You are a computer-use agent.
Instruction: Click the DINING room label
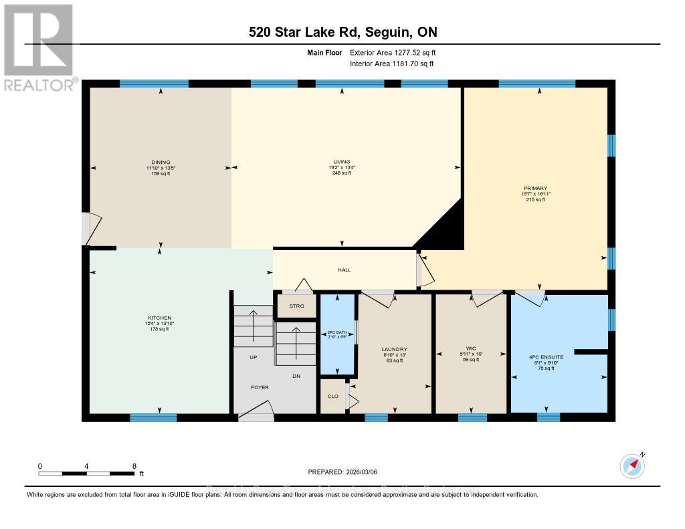(160, 162)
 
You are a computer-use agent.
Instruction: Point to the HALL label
(344, 270)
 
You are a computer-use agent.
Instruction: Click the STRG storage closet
(296, 306)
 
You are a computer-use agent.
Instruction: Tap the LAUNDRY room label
(394, 349)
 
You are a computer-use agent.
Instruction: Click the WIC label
(470, 349)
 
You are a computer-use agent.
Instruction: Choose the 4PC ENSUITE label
(546, 357)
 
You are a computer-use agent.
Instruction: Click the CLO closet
(332, 396)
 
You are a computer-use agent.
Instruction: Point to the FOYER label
(260, 387)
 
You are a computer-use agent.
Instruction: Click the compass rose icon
(632, 465)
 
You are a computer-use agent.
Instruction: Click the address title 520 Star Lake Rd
(342, 32)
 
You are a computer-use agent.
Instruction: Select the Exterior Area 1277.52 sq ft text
(393, 52)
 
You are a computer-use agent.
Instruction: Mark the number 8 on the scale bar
(134, 466)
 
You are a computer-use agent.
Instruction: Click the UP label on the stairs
(253, 357)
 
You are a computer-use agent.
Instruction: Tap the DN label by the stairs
(296, 376)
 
